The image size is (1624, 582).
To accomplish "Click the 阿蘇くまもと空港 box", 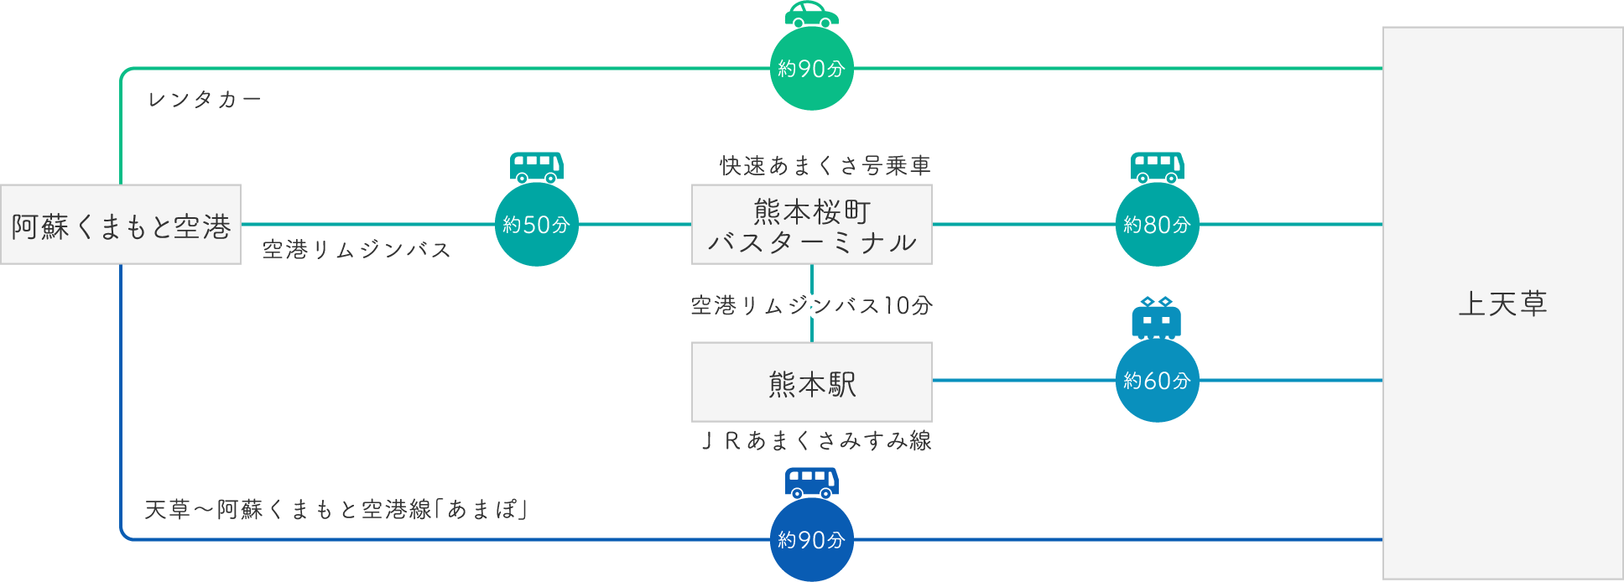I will point(121,225).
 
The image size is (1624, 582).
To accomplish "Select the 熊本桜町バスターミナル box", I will point(811,225).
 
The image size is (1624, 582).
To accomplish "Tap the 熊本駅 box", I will point(811,382).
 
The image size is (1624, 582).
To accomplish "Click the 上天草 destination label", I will point(1502,304).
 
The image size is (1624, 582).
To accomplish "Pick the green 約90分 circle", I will point(811,69).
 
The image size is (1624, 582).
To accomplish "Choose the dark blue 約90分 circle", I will point(811,540).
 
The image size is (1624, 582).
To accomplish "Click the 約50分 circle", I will point(536,225).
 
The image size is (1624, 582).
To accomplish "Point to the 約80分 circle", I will point(1157,225).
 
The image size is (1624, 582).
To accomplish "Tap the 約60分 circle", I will point(1157,381).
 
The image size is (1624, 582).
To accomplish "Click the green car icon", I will point(811,14).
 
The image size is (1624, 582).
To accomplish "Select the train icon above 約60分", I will point(1156,318).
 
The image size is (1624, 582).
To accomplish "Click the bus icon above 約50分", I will point(536,167).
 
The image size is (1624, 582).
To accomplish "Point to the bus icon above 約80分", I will point(1157,167).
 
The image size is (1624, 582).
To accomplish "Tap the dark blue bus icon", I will point(811,482).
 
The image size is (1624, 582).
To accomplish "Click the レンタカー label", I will point(205,100).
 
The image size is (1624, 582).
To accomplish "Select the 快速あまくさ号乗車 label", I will point(825,166).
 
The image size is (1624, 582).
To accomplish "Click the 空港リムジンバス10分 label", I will point(811,305).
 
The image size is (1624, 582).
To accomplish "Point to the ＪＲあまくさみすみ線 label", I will point(815,440).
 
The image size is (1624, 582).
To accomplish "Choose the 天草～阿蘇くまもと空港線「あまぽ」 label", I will point(336,509).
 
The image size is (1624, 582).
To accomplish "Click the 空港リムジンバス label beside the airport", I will point(357,250).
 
